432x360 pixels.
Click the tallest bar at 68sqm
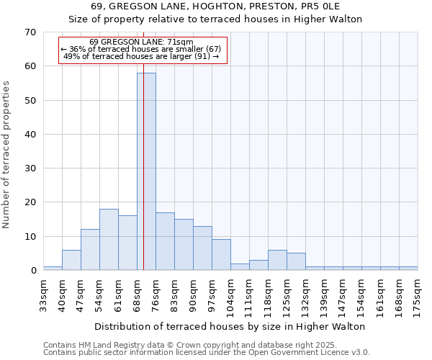coord(146,171)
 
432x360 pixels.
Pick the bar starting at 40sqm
coord(71,259)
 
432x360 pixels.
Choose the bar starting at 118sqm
coord(277,260)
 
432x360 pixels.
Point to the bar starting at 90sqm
coord(202,248)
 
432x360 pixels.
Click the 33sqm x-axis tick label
coord(44,294)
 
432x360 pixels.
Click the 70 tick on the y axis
coord(30,32)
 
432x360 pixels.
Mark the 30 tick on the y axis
coord(30,168)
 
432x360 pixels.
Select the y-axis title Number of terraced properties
coord(7,155)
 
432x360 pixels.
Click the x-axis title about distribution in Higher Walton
coord(230,326)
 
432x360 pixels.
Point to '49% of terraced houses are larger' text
coord(141,56)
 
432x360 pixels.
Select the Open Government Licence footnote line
coord(207,352)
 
